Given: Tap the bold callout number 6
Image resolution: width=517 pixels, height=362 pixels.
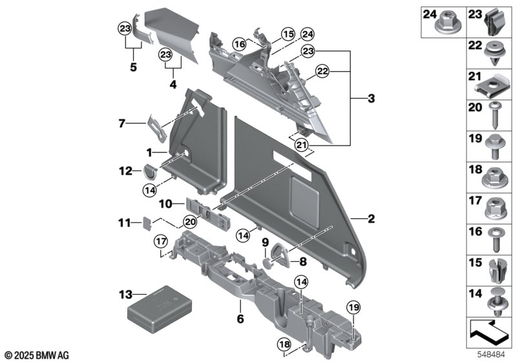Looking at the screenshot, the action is click(240, 319).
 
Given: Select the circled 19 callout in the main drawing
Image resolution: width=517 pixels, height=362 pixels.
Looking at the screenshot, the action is click(353, 308).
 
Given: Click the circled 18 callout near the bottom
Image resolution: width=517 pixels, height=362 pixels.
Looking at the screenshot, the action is click(284, 345).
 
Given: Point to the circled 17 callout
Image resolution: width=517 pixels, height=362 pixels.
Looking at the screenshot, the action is click(161, 241).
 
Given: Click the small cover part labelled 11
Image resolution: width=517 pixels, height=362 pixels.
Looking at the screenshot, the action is click(148, 222).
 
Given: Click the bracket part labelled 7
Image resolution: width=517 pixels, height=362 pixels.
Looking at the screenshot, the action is click(157, 128).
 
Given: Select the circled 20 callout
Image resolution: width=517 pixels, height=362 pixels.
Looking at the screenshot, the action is click(190, 222).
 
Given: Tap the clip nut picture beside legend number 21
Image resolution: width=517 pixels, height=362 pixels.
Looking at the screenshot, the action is click(493, 87).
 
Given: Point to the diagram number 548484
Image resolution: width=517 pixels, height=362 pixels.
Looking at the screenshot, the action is click(491, 355).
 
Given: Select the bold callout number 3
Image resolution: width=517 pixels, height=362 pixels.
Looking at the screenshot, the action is click(371, 98).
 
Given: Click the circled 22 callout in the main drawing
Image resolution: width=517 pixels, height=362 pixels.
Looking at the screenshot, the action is click(322, 72).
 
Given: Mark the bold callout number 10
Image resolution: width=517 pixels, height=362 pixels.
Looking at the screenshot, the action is click(165, 204).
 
